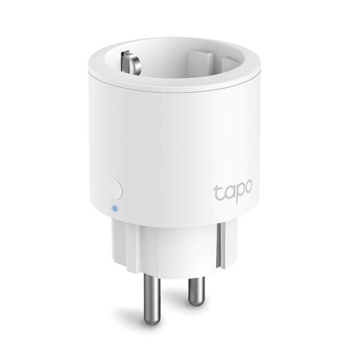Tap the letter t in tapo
pos(217,192)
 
